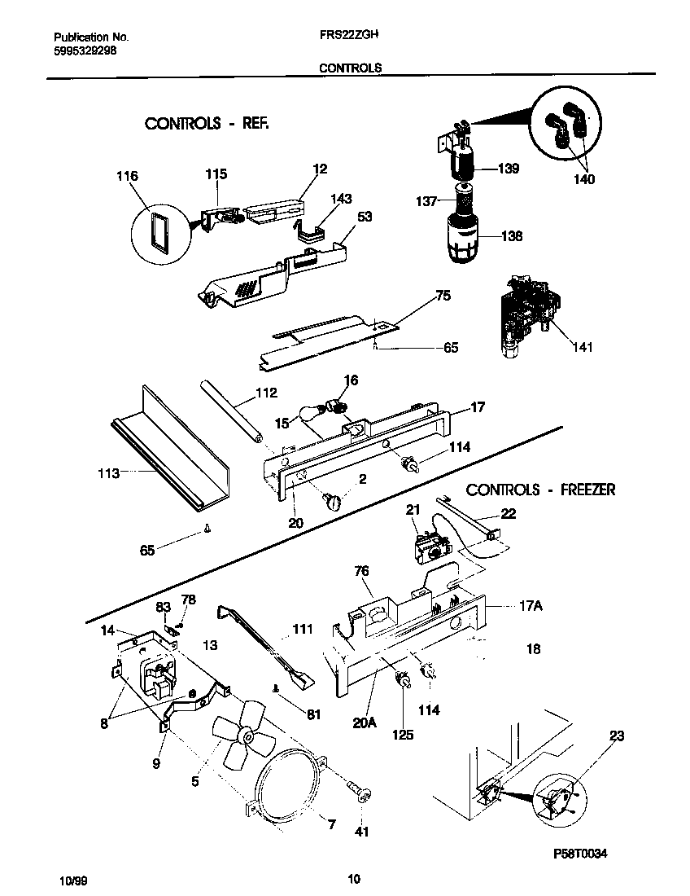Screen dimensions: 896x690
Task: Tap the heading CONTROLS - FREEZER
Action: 540,490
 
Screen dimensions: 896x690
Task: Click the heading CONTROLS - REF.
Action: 206,124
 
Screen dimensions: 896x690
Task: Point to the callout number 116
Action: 127,177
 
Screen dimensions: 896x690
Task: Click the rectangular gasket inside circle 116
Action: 158,229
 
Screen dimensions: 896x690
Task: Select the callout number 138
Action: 511,236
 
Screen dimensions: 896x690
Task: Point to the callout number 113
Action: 108,473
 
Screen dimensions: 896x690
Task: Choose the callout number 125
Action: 403,734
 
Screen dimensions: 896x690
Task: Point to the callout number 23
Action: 616,736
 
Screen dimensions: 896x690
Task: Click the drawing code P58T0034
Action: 580,853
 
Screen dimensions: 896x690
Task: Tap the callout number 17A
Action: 530,606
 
